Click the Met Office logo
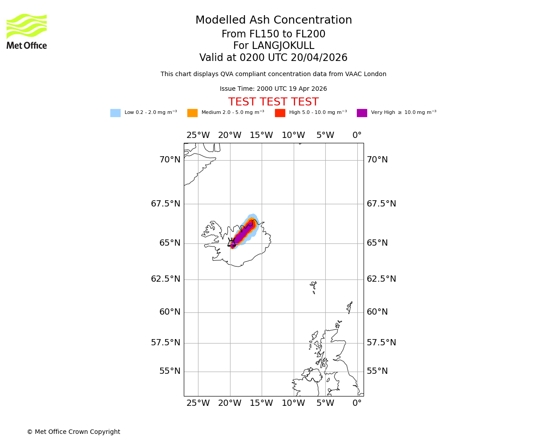(x=27, y=31)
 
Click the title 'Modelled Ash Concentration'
(x=273, y=20)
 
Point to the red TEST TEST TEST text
(x=273, y=102)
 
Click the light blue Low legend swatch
(x=115, y=113)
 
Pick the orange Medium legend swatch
(x=192, y=113)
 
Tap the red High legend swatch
(x=280, y=113)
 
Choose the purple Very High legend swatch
(x=362, y=113)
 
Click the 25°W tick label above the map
(x=198, y=135)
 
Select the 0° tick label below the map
(x=357, y=403)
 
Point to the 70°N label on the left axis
(x=170, y=160)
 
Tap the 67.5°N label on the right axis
(x=381, y=204)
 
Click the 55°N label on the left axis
(x=170, y=371)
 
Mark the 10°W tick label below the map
(x=293, y=403)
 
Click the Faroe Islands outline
(x=314, y=287)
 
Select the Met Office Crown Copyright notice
(x=73, y=432)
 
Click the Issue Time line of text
(x=273, y=89)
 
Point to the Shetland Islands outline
(x=349, y=307)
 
